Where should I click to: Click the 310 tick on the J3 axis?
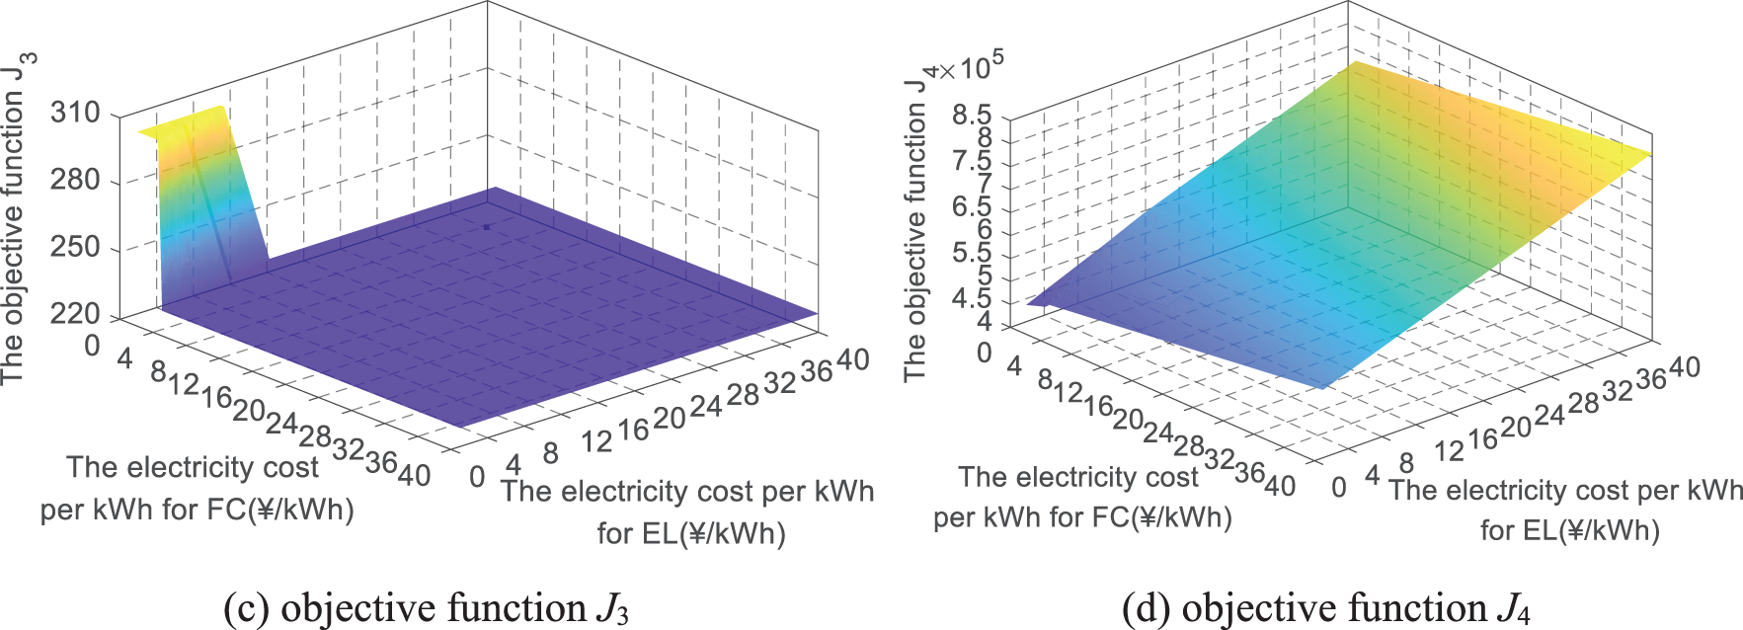coord(76,113)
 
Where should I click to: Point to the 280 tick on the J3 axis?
coord(76,180)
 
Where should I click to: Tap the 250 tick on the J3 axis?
coord(76,247)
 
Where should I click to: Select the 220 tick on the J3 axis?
coord(76,314)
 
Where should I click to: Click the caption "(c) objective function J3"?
coord(426,607)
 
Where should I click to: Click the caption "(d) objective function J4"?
coord(1325,607)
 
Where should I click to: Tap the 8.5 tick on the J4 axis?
coord(972,116)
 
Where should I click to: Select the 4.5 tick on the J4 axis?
coord(972,299)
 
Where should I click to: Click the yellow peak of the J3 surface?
coord(188,123)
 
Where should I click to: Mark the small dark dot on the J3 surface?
coord(486,227)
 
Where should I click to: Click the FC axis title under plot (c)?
coord(196,488)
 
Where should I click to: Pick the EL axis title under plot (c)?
coord(688,512)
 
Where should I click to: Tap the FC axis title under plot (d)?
coord(1081,497)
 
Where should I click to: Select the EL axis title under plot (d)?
coord(1567,510)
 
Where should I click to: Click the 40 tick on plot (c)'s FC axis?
coord(414,475)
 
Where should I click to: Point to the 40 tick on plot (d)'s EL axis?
coord(1683,367)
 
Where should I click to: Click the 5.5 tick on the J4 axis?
coord(972,253)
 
